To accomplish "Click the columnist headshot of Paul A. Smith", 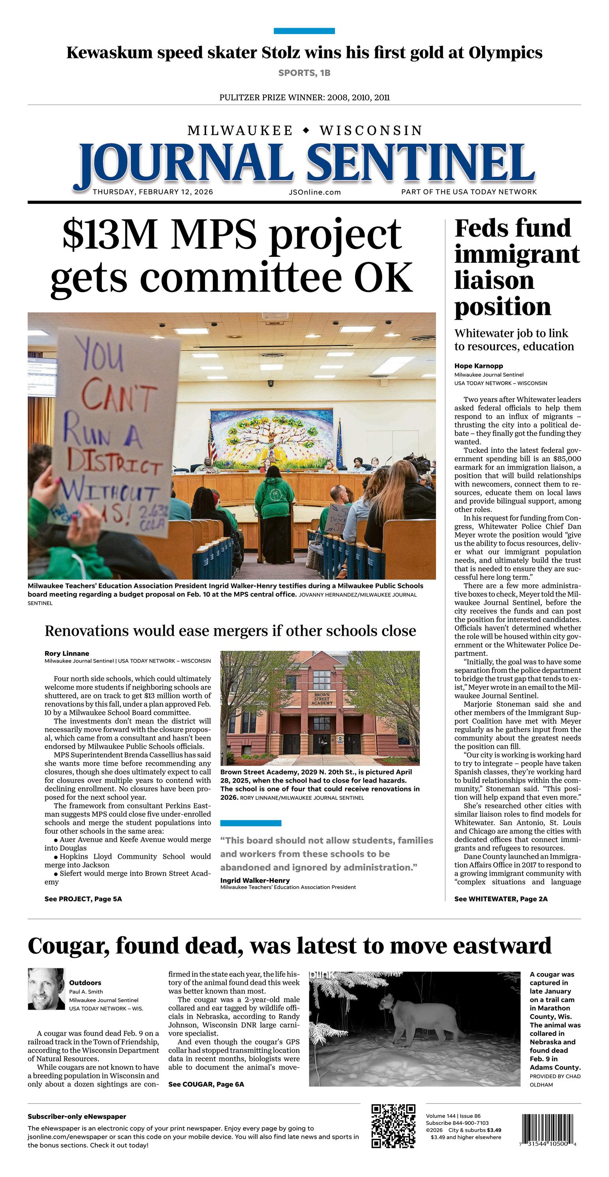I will (46, 989).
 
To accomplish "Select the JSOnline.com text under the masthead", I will (315, 192).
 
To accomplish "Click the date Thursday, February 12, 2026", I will (152, 192).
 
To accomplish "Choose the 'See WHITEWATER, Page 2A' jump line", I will (501, 899).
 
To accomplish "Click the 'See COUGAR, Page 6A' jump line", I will (206, 1084).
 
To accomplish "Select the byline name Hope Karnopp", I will (478, 365).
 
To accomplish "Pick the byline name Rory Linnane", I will (67, 653).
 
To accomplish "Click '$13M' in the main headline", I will (110, 234).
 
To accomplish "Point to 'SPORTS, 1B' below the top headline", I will (304, 73).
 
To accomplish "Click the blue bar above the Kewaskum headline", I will (304, 31).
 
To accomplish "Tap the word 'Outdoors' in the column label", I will (85, 982).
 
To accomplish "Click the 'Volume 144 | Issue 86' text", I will (453, 1116).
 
